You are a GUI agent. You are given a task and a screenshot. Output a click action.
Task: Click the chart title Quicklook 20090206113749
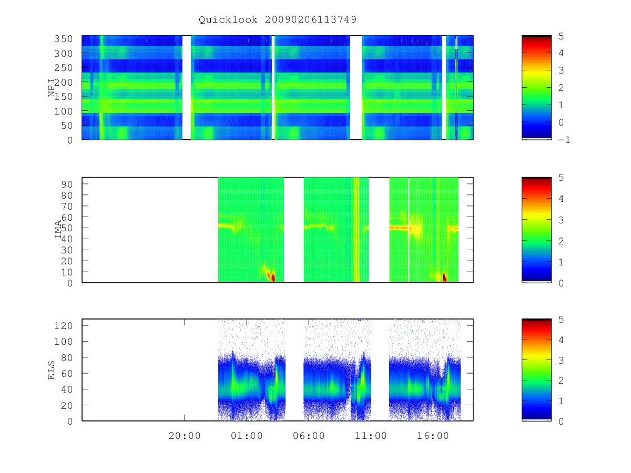pyautogui.click(x=278, y=19)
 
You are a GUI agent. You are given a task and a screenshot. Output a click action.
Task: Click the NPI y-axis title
pyautogui.click(x=51, y=88)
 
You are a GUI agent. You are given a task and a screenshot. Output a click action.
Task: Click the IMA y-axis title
pyautogui.click(x=58, y=230)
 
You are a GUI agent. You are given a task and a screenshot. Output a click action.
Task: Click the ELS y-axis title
pyautogui.click(x=51, y=370)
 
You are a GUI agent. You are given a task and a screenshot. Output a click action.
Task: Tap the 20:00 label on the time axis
pyautogui.click(x=184, y=436)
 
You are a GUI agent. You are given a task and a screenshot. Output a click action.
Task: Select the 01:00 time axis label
pyautogui.click(x=247, y=436)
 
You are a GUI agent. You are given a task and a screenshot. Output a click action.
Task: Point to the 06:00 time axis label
pyautogui.click(x=309, y=436)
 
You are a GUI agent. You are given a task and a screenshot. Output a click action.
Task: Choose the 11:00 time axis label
pyautogui.click(x=371, y=436)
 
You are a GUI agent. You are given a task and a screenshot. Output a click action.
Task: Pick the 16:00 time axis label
pyautogui.click(x=433, y=436)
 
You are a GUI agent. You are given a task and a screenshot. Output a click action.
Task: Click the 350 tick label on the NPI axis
pyautogui.click(x=63, y=39)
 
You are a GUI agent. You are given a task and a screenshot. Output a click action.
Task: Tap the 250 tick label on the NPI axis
pyautogui.click(x=63, y=68)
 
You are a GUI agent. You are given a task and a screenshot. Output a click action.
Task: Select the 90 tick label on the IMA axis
pyautogui.click(x=67, y=184)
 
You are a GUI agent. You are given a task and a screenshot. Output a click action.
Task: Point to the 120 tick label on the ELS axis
pyautogui.click(x=63, y=326)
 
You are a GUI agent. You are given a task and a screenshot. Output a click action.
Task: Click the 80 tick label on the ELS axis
pyautogui.click(x=67, y=357)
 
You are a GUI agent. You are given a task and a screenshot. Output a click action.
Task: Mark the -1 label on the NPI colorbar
pyautogui.click(x=564, y=140)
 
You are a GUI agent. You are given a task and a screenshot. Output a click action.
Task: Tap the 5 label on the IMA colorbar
pyautogui.click(x=561, y=178)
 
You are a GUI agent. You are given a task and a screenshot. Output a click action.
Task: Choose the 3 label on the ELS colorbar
pyautogui.click(x=561, y=361)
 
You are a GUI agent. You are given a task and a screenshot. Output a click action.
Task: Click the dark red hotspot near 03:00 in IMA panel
pyautogui.click(x=273, y=277)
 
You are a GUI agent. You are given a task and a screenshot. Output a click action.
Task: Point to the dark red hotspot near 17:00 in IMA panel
pyautogui.click(x=444, y=277)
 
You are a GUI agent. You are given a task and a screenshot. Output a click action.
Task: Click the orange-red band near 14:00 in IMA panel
pyautogui.click(x=399, y=228)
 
